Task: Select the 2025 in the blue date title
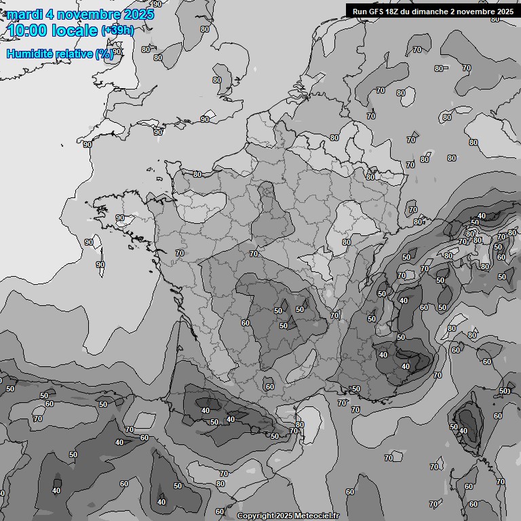coord(138,14)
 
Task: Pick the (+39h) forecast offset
coord(117,31)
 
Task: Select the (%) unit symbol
coord(104,54)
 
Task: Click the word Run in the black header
coord(360,12)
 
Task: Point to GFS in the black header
coord(377,12)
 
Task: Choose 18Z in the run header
coord(395,12)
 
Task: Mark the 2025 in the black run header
coord(504,12)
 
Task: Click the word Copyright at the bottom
coord(256,516)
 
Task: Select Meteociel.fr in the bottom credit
coord(317,516)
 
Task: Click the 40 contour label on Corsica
coord(463,431)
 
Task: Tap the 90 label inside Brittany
coord(120,218)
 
